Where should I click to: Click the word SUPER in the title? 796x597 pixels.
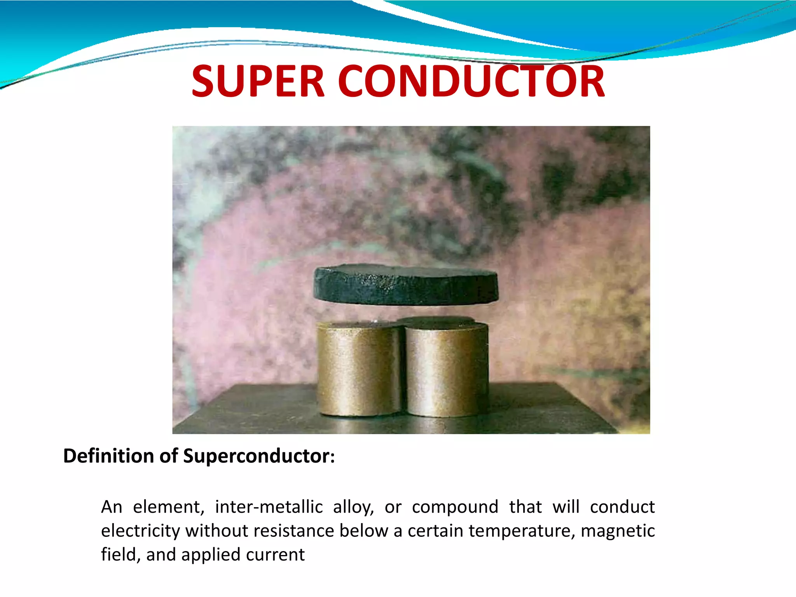tap(258, 82)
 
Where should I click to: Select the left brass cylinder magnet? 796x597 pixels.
tap(358, 369)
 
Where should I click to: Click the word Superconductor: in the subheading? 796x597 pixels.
tap(258, 456)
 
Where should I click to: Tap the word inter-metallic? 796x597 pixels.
tap(269, 507)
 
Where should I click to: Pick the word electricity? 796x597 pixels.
tap(140, 531)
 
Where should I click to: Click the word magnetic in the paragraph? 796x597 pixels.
tap(618, 531)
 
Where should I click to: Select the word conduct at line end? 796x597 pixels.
tap(622, 507)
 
